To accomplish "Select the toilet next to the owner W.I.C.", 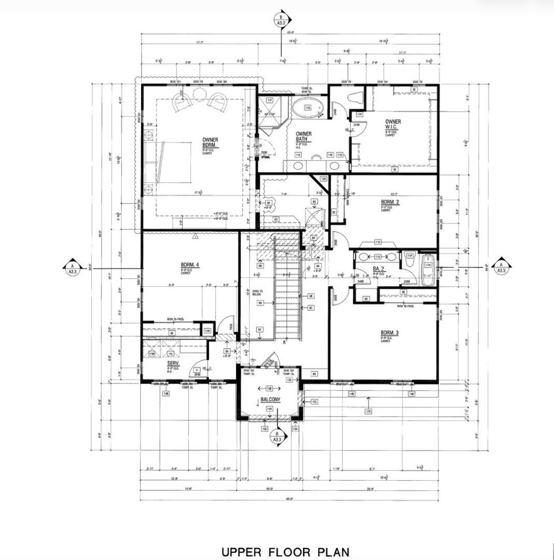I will (356, 98).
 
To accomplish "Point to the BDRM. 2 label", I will (390, 202).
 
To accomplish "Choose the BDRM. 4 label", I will (190, 265).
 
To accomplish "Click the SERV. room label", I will (173, 364).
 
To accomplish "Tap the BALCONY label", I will (270, 400).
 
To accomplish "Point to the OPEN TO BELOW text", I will (258, 293).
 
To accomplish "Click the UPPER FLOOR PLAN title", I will (285, 552).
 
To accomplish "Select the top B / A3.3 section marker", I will (281, 20).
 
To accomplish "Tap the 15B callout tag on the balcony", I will (269, 388).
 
